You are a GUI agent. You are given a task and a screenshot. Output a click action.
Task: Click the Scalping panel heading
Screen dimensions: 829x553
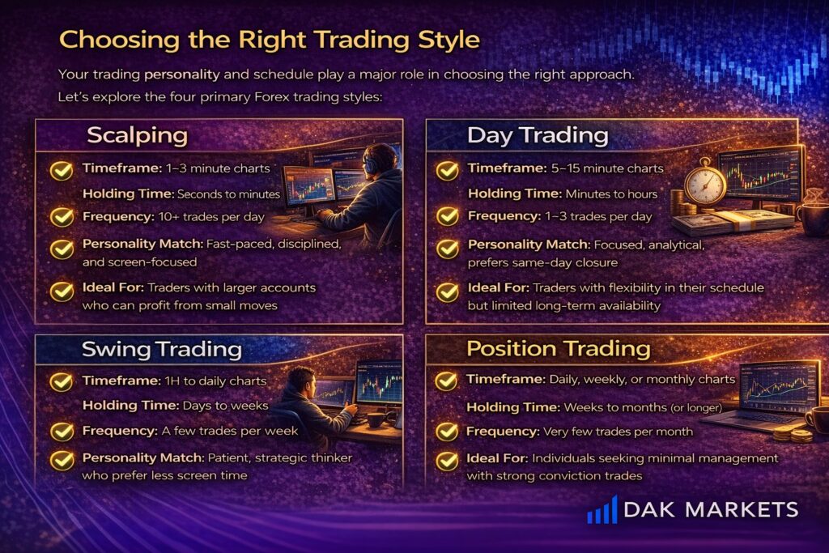(x=138, y=135)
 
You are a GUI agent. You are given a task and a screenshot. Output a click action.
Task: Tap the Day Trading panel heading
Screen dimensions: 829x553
(x=538, y=135)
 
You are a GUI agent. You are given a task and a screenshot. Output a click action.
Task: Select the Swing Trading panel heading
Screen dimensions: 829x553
(x=162, y=350)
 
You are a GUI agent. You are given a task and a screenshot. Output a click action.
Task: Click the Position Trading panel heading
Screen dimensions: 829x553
(x=559, y=349)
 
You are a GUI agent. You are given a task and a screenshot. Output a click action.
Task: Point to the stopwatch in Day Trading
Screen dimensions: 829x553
(x=705, y=182)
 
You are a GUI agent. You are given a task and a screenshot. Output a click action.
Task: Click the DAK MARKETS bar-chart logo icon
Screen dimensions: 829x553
(x=602, y=509)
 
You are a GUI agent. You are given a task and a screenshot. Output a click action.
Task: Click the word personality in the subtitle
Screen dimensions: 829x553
(x=182, y=74)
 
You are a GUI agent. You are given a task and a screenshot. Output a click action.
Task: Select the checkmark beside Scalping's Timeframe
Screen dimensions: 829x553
(x=62, y=170)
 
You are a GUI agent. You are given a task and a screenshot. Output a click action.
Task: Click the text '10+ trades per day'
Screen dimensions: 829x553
(x=211, y=217)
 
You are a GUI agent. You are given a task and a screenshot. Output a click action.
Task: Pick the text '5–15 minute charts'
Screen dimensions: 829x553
(x=607, y=168)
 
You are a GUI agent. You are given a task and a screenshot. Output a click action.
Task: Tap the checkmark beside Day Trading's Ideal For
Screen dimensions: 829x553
(x=447, y=291)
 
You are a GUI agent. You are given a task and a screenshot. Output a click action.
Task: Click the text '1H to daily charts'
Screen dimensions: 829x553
(x=215, y=381)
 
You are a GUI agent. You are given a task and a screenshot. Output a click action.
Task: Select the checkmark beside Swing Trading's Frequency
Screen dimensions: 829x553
(x=62, y=432)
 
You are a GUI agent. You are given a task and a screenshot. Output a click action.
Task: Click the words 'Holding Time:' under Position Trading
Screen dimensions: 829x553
(x=512, y=407)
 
